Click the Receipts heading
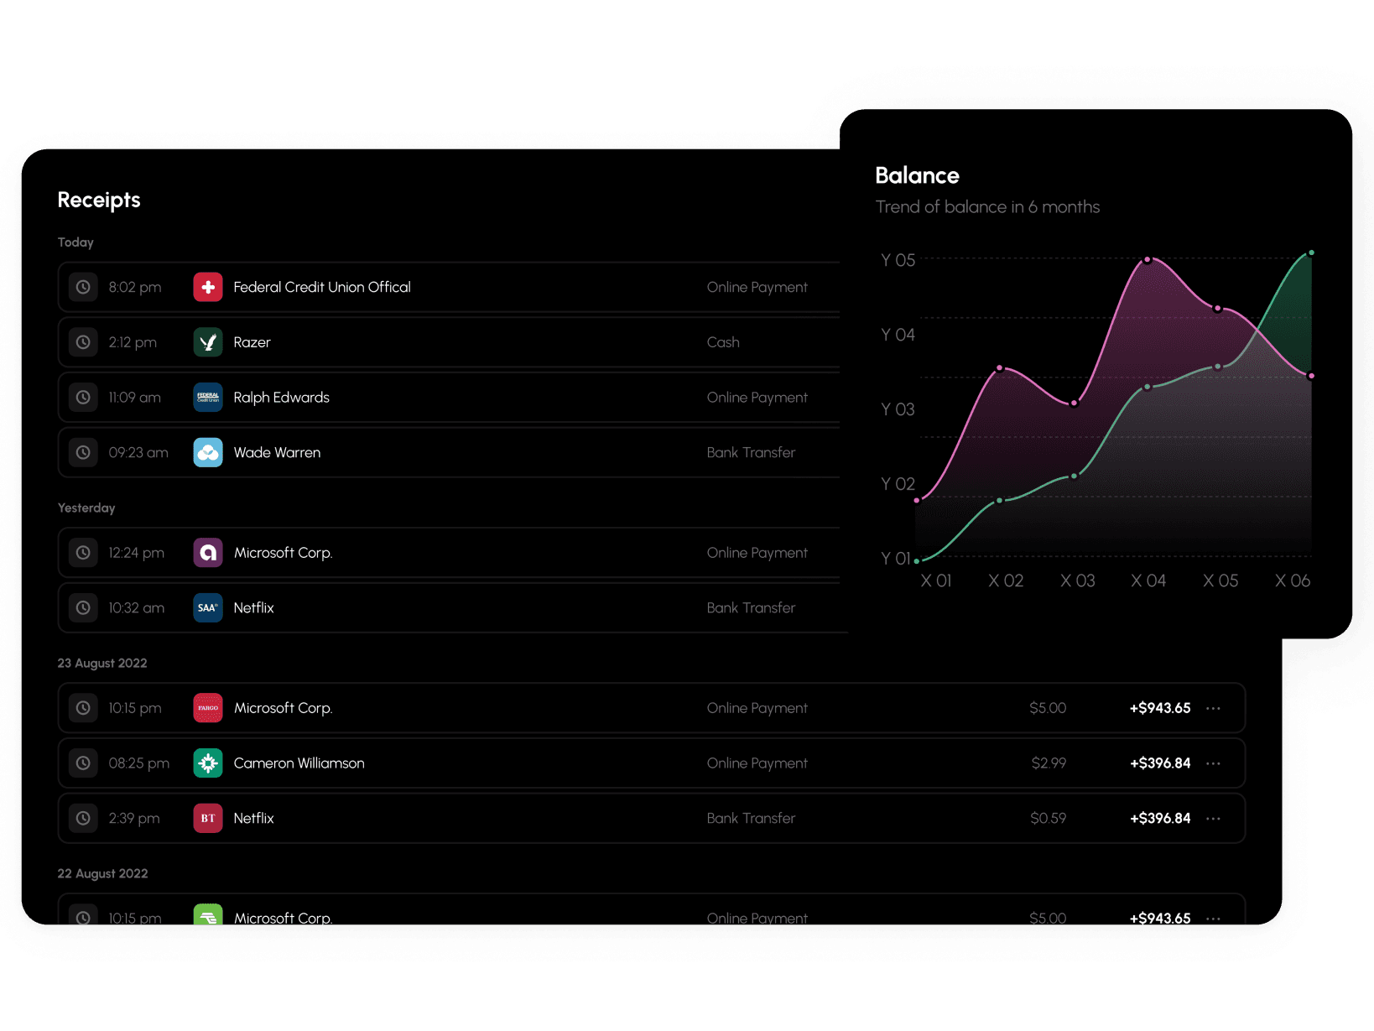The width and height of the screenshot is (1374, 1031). point(99,200)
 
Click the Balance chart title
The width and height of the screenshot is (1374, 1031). point(917,175)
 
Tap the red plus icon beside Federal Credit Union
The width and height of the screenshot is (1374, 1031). point(208,287)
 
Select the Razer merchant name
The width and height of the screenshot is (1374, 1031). point(252,342)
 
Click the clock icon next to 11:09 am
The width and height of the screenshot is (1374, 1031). point(83,398)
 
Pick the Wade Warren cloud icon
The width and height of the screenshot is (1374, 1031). point(208,452)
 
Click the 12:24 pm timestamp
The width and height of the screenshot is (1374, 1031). point(136,553)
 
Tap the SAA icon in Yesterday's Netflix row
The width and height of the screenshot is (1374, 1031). point(208,607)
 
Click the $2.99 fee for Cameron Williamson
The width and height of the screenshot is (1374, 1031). point(1049,763)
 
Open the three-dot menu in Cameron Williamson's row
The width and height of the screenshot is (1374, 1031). point(1213,763)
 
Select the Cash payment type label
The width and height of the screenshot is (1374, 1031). point(723,342)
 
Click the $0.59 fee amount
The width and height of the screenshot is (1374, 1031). point(1048,818)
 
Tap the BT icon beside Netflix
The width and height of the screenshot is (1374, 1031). point(208,818)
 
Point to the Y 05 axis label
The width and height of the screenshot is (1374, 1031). point(898,260)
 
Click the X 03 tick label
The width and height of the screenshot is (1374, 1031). point(1077,581)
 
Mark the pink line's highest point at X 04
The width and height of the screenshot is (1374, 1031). point(1148,260)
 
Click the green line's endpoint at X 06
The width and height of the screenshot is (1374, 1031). point(1311,253)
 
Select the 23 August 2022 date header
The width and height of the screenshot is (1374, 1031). point(102,663)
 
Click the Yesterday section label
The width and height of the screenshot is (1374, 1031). point(86,508)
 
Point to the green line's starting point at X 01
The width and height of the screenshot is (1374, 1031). point(917,560)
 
